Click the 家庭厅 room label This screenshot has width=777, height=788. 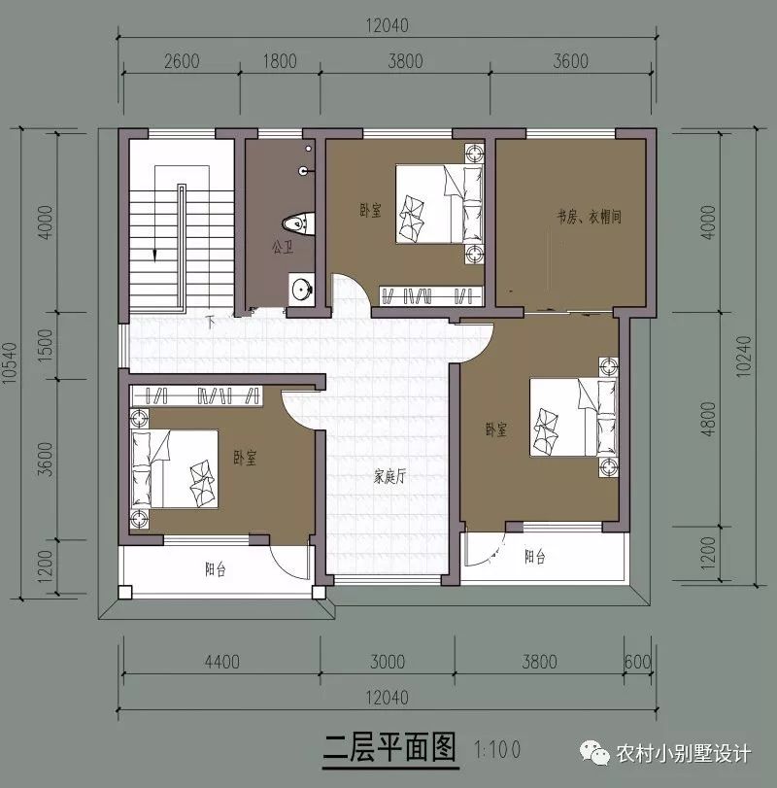click(388, 477)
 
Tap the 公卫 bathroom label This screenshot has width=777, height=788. click(282, 248)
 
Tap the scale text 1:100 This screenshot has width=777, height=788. click(498, 750)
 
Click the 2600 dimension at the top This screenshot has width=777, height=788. click(182, 62)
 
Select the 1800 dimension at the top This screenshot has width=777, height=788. click(280, 62)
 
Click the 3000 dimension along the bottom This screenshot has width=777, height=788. click(387, 663)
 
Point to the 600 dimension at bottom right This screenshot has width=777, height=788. click(637, 663)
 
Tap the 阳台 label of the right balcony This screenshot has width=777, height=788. click(534, 558)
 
